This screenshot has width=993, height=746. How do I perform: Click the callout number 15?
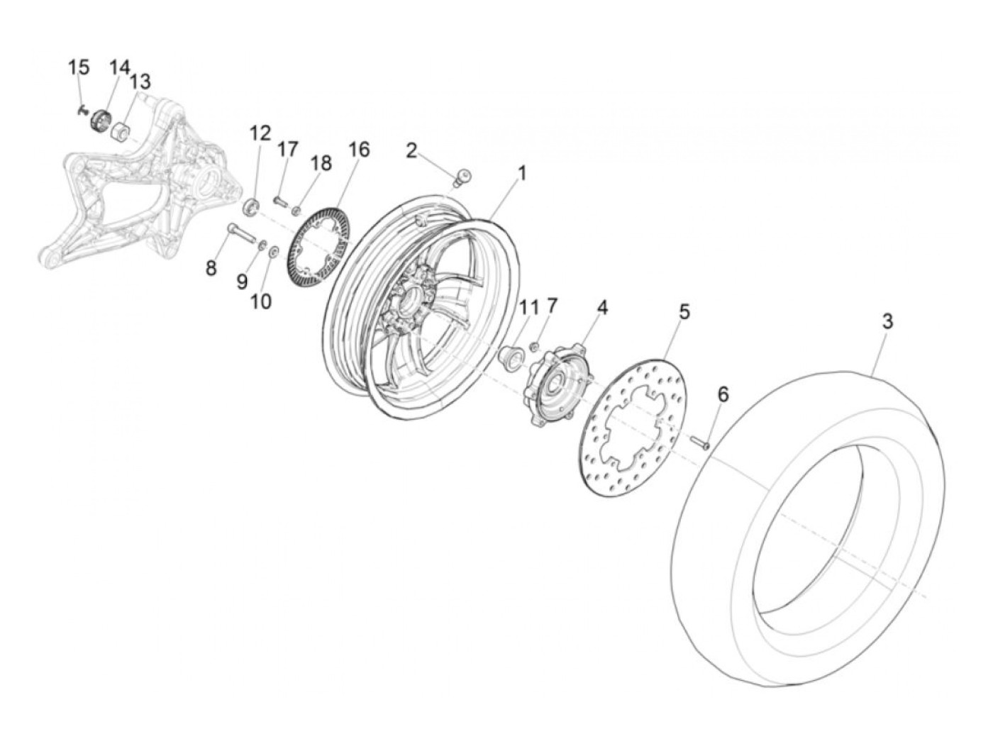[79, 68]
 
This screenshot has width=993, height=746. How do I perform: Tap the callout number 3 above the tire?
[887, 321]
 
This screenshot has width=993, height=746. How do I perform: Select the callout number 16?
[359, 150]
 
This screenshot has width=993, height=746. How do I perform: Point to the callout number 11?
[528, 308]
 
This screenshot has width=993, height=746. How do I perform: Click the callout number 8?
[211, 269]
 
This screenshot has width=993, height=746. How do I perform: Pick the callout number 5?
[684, 311]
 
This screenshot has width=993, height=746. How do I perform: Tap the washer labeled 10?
[274, 252]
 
